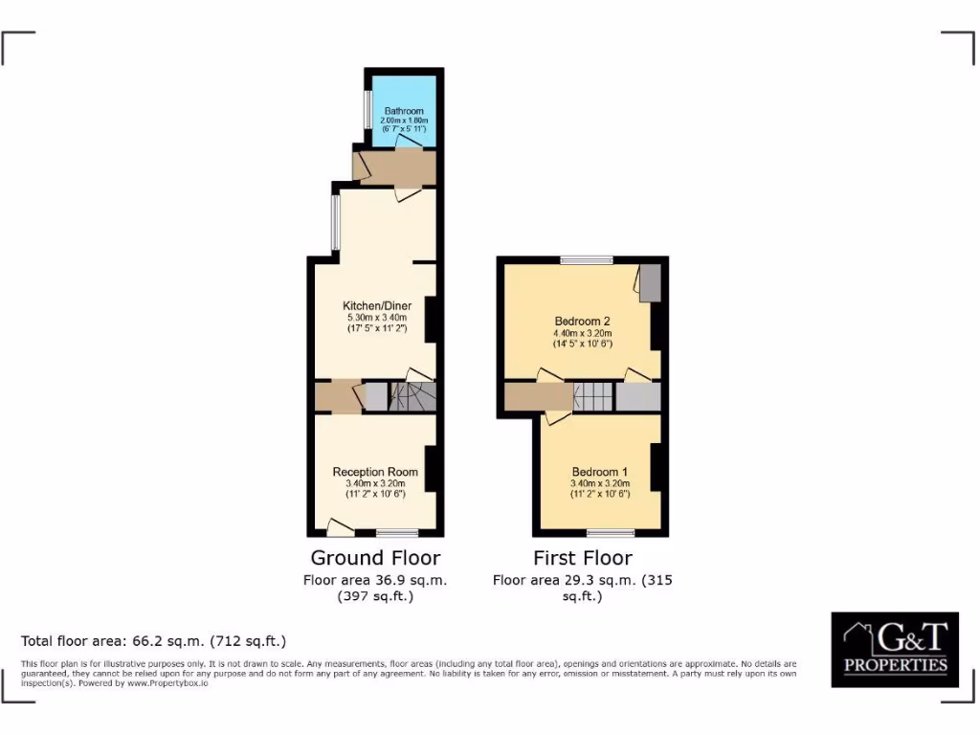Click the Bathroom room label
click(404, 111)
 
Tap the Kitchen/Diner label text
click(377, 306)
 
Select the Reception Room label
click(375, 472)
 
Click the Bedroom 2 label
click(582, 322)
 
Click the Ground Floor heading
click(375, 557)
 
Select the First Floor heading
click(583, 557)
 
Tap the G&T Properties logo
click(894, 649)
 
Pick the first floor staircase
click(593, 396)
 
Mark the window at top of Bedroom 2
click(587, 259)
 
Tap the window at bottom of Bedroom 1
click(611, 532)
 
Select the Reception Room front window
click(397, 532)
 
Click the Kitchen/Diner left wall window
click(335, 223)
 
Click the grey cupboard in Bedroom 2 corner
click(650, 283)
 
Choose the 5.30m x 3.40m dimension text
click(377, 318)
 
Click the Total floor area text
click(153, 640)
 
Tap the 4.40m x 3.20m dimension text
click(582, 333)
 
